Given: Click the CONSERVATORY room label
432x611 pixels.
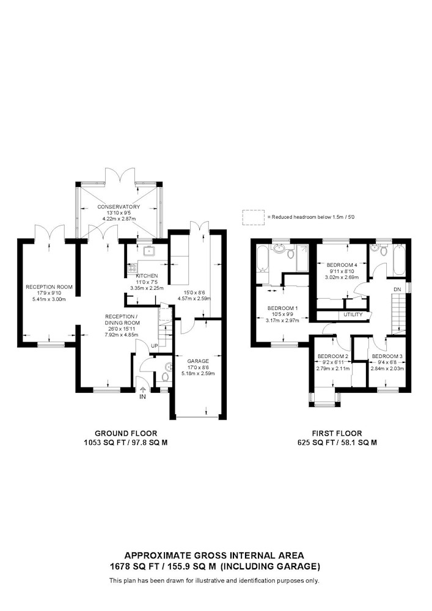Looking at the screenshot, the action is [x=119, y=207].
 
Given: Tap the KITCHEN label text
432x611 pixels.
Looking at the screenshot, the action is [x=147, y=276].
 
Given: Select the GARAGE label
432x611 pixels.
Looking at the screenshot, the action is [x=198, y=361].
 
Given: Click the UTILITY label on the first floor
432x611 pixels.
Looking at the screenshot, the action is [x=353, y=315].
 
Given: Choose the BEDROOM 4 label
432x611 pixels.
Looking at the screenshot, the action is [x=341, y=265].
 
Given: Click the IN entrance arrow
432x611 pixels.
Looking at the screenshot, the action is [x=142, y=389].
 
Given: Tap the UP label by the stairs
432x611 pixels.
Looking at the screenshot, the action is [x=154, y=346].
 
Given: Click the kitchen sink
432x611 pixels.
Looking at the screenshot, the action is [x=149, y=251].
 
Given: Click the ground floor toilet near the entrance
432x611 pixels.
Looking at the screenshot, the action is [x=165, y=377].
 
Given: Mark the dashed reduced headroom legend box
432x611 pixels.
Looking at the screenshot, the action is [x=253, y=217].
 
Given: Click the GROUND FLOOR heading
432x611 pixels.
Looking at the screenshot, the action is [x=126, y=433].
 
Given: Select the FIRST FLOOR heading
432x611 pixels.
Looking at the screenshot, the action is [x=337, y=433].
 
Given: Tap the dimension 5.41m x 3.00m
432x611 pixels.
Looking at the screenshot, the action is [x=49, y=299].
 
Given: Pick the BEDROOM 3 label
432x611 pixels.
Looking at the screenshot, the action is [x=387, y=356].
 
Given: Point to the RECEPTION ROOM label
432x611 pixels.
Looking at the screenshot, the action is [x=49, y=287].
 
